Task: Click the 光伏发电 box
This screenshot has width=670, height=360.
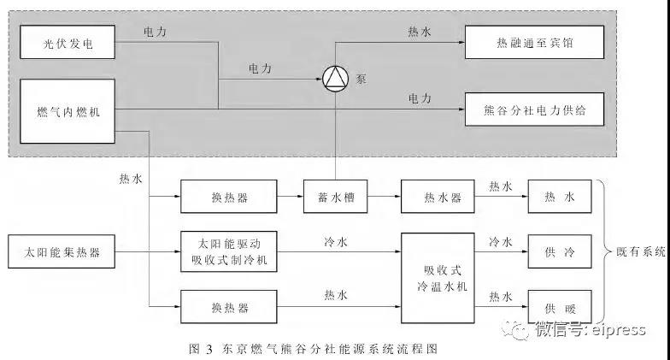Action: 67,41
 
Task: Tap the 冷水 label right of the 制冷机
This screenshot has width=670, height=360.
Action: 334,241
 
